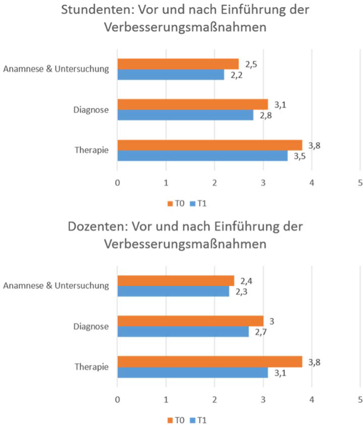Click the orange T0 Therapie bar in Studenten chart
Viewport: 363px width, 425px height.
[x=210, y=145]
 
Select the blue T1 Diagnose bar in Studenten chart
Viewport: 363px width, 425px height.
[x=185, y=115]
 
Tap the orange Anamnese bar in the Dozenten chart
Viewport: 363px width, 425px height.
[x=176, y=281]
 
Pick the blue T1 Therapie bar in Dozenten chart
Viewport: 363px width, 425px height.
[x=193, y=372]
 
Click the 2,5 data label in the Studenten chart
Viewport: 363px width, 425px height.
[x=251, y=64]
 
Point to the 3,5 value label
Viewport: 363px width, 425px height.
[x=299, y=156]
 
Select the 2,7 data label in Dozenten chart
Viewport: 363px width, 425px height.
[x=261, y=332]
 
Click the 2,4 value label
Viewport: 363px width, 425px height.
[x=246, y=281]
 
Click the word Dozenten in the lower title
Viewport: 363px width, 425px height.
[x=98, y=226]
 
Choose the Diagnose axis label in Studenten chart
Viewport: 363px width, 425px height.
[x=91, y=110]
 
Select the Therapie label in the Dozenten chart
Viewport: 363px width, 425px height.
[x=91, y=366]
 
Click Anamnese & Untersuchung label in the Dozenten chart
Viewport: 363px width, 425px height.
[x=56, y=285]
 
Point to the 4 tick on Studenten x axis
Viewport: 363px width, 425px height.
[x=312, y=183]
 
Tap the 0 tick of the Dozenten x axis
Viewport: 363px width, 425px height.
[x=117, y=400]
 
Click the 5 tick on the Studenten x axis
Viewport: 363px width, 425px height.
[x=360, y=183]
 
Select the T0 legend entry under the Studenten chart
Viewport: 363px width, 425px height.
[x=176, y=203]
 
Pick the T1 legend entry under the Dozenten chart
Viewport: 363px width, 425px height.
[x=199, y=420]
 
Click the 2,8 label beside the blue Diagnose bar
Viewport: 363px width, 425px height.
[x=265, y=116]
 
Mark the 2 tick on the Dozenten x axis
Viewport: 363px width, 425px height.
[x=215, y=400]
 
